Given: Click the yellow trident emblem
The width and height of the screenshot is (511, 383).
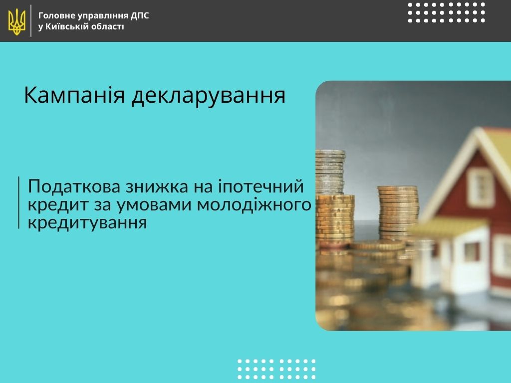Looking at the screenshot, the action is [16, 21].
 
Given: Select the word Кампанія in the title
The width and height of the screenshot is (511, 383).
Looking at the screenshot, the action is [74, 95].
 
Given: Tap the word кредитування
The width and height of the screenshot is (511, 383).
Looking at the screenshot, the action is [87, 223].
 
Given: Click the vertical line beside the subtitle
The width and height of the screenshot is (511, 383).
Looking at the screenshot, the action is [19, 202].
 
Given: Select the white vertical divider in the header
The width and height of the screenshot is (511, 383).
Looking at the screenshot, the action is [31, 21].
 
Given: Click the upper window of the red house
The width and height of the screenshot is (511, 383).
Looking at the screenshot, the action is [480, 188].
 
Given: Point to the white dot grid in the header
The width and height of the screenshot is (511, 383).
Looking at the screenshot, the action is [447, 12].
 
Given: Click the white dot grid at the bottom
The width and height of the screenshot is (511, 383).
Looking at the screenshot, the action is [276, 370].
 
